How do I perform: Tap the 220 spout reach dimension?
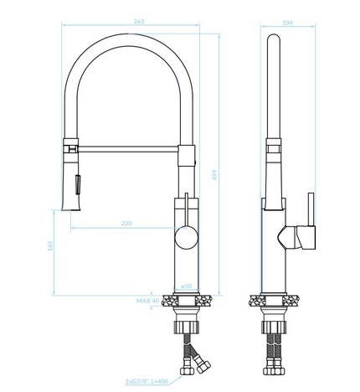tap(126, 224)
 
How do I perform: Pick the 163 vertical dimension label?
tap(50, 246)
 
